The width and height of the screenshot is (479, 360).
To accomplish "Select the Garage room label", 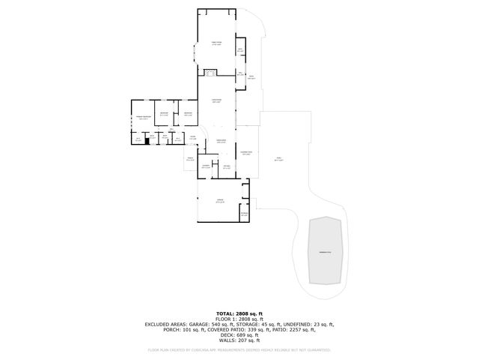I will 219,200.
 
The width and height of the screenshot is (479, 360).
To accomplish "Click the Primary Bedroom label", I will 144,117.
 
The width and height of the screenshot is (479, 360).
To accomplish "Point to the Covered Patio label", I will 246,153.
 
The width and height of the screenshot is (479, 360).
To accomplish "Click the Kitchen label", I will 226,167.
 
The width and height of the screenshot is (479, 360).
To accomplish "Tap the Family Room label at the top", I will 216,43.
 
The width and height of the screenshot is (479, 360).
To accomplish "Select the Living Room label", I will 216,100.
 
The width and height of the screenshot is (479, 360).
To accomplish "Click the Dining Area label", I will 221,141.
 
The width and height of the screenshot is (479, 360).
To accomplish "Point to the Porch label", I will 190,159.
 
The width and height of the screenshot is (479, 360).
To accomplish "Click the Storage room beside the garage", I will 244,214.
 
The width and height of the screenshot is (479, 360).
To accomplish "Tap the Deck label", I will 251,77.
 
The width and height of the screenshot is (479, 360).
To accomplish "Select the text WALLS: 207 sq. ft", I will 239,340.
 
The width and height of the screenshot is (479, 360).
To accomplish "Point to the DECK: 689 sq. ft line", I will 239,334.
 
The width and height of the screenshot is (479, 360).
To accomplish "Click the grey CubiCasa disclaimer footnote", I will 239,349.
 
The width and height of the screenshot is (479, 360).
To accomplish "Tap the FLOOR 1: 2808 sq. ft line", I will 239,318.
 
